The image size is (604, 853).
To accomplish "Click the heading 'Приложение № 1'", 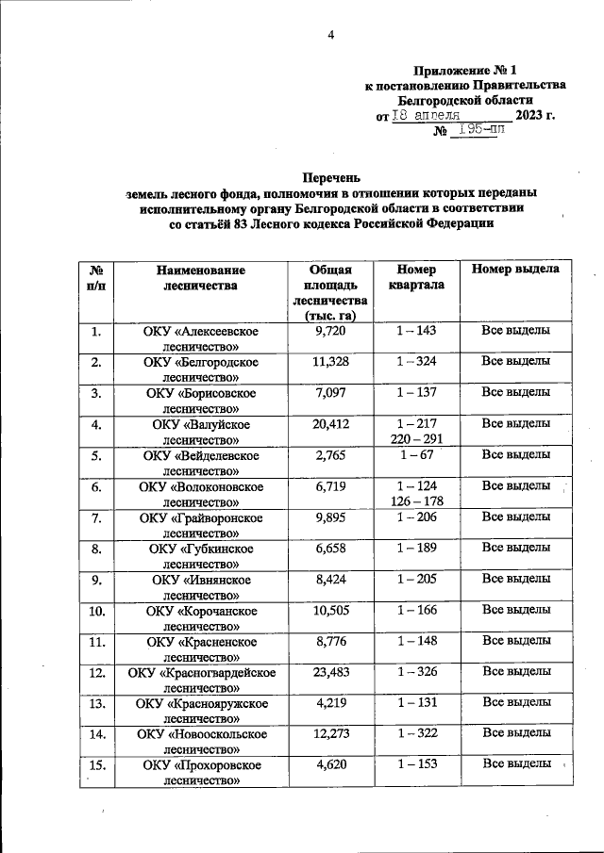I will [465, 71].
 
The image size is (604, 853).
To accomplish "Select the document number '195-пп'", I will [478, 131].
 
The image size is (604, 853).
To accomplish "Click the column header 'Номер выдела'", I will [515, 269].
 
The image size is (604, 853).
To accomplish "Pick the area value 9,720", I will [331, 331].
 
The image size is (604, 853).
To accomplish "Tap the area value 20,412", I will [331, 424].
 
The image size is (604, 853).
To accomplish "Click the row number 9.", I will [95, 580].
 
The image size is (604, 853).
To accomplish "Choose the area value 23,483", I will [331, 672].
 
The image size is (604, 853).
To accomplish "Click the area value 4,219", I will [331, 702].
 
